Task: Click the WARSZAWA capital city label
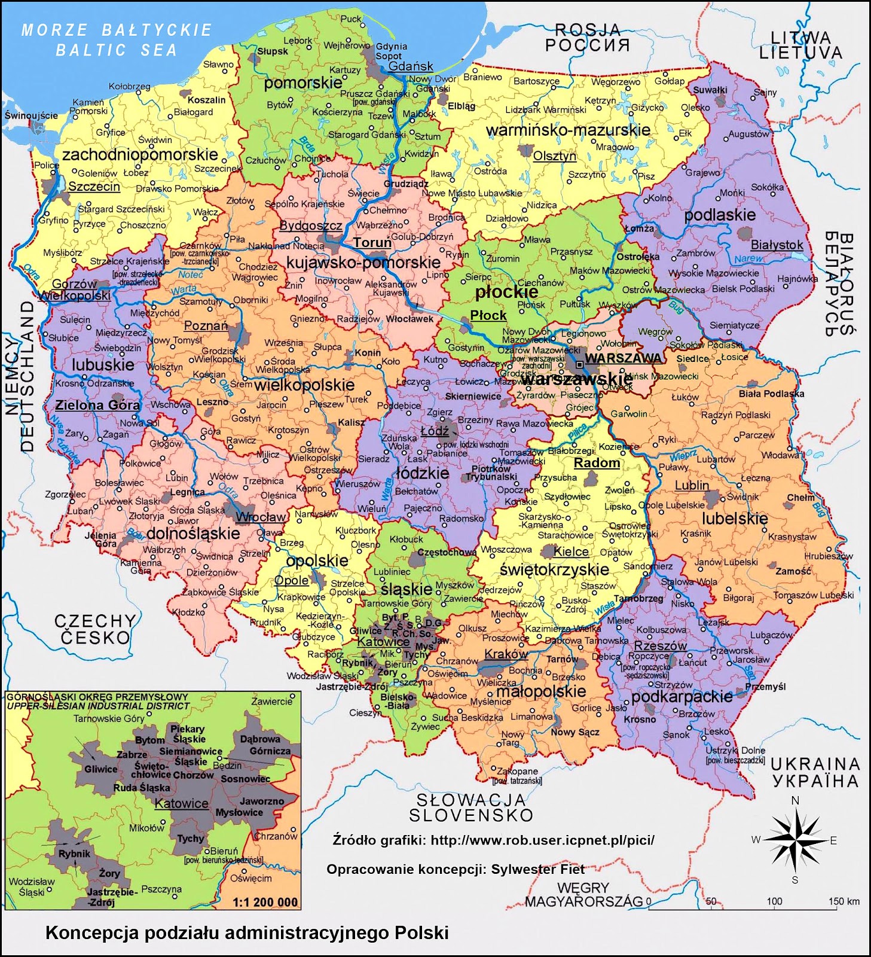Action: click(x=623, y=358)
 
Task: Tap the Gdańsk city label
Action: click(x=411, y=66)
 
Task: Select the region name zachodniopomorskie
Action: click(x=140, y=154)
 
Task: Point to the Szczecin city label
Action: click(x=94, y=187)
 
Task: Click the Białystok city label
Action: click(x=777, y=245)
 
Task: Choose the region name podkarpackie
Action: click(x=681, y=697)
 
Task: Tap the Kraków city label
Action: click(x=506, y=654)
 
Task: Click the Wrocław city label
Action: click(x=261, y=517)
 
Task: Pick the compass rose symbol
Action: click(x=794, y=840)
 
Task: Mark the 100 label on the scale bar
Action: click(x=774, y=901)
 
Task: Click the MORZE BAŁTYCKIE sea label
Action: click(x=117, y=30)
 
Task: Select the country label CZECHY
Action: click(x=96, y=621)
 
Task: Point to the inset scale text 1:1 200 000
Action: click(x=265, y=903)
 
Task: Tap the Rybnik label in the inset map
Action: click(x=75, y=854)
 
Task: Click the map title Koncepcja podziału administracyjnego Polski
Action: click(x=247, y=932)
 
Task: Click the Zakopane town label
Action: click(x=518, y=771)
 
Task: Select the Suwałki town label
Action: click(x=710, y=90)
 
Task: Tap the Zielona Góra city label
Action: click(x=97, y=405)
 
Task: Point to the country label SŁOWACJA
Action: click(x=471, y=800)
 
